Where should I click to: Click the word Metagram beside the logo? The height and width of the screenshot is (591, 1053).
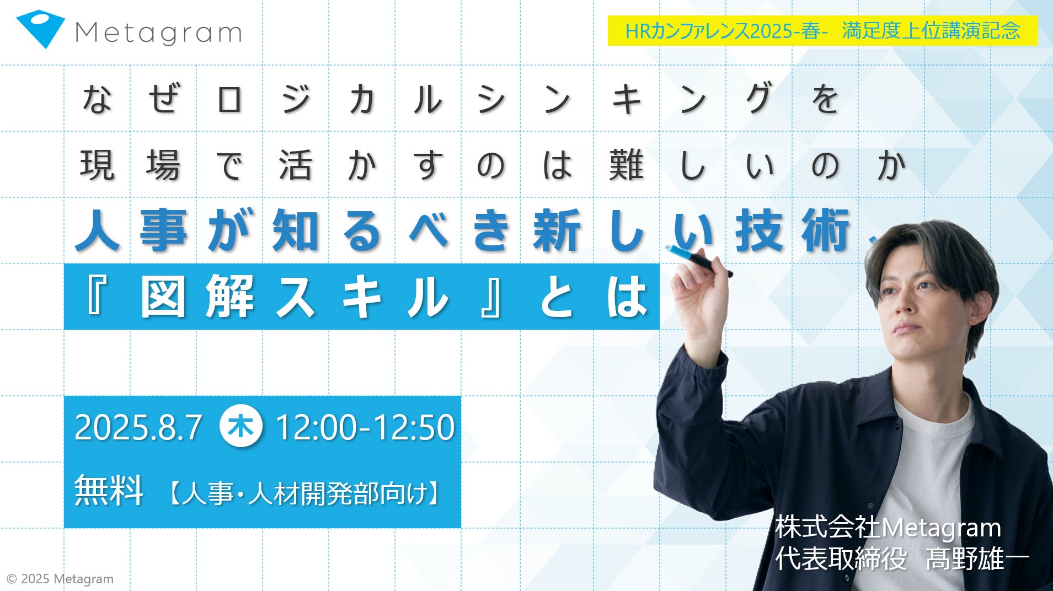pos(158,33)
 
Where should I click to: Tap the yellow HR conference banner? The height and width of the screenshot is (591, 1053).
pos(822,30)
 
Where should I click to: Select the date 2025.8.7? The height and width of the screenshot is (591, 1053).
pos(138,427)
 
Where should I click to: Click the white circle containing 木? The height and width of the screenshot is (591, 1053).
pos(241,426)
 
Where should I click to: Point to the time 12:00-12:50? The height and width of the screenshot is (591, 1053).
pos(365,427)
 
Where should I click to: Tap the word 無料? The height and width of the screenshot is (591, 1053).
pos(109,490)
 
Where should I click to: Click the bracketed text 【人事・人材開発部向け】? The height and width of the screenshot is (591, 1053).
pos(303,493)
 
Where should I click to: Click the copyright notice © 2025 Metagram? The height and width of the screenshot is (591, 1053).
pos(60,579)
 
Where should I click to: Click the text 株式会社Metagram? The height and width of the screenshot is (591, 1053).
pos(888,528)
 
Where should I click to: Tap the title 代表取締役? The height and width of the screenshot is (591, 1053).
pos(841,559)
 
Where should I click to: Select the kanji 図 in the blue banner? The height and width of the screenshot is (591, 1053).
pos(163,297)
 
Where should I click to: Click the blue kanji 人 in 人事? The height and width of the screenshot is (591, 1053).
pos(98,230)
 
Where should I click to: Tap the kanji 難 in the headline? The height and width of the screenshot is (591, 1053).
pos(626,165)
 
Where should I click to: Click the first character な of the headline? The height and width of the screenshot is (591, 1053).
pos(97,99)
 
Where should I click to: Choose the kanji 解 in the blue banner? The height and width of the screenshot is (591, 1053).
pos(229,297)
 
